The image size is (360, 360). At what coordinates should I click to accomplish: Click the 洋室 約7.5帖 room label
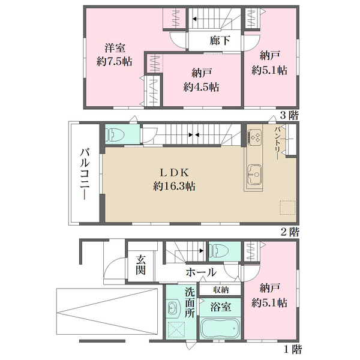114,55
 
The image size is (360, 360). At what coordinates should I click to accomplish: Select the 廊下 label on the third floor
220,41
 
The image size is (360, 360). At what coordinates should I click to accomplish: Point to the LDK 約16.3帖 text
174,179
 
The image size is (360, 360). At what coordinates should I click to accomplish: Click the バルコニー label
85,174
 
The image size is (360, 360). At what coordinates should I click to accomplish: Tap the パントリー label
277,143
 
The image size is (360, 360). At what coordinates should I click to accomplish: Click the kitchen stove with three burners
254,137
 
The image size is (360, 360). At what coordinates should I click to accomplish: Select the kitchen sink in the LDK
254,175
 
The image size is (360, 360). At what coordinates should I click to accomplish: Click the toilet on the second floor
115,134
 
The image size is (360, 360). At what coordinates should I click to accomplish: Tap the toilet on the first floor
218,250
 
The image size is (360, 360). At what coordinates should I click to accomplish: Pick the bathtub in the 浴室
220,328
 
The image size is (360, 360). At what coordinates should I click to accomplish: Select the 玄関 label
140,265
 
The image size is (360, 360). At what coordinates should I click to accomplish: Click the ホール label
201,272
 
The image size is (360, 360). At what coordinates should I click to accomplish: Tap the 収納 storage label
221,290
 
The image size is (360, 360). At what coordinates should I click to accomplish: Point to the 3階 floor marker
289,115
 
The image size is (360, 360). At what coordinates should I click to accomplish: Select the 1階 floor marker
293,349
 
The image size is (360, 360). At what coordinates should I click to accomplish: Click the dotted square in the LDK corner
287,208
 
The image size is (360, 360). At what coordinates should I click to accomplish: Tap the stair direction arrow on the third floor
194,19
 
